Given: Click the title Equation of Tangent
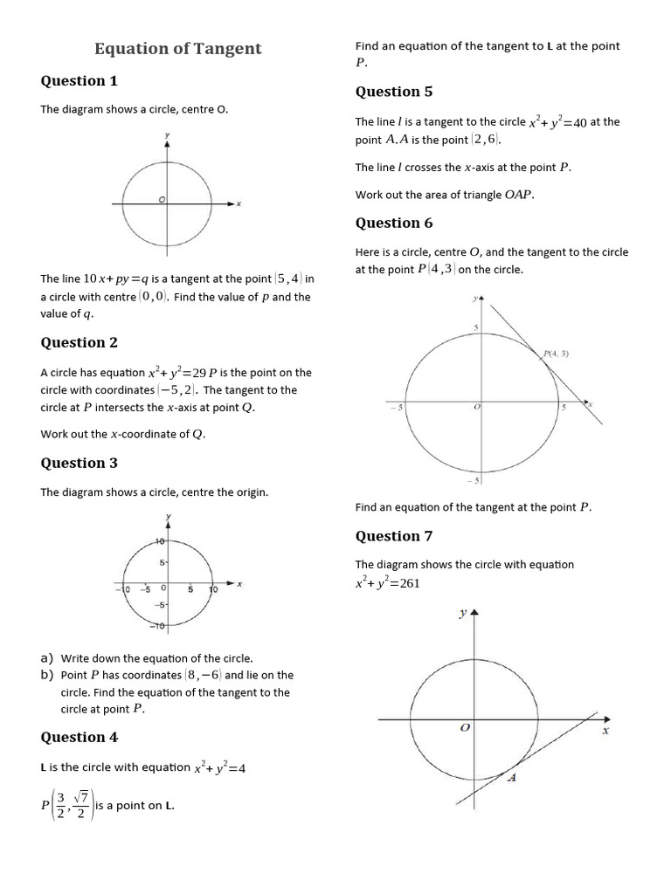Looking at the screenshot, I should (177, 49).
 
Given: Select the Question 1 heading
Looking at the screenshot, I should (79, 81).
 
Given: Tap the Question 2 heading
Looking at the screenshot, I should (79, 343).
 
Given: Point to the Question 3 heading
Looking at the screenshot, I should (79, 464).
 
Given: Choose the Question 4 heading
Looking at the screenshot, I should (79, 738).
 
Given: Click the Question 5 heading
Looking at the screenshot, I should (393, 92).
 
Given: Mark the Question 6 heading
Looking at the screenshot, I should (393, 223).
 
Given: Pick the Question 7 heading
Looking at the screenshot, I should (393, 536).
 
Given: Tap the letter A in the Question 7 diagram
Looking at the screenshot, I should (513, 779).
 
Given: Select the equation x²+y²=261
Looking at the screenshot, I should (387, 583).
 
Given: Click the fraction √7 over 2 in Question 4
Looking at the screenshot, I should (81, 805).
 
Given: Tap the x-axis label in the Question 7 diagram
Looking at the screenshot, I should (605, 732).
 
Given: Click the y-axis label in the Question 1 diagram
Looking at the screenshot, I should (167, 136).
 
